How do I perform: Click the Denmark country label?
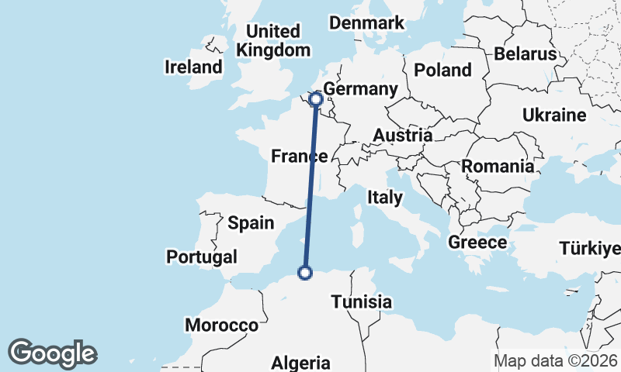tap(366, 22)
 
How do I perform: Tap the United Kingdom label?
tap(272, 40)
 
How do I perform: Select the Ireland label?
tap(193, 67)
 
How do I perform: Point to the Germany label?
tap(359, 89)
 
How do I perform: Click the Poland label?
tap(442, 70)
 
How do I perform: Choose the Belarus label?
tap(526, 53)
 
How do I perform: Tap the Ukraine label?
tap(553, 115)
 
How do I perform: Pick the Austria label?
tap(402, 136)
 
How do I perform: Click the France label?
tap(298, 157)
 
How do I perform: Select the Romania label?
tap(498, 166)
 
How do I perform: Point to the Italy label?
tap(385, 198)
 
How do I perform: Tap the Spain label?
tap(251, 223)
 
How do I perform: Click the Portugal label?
tap(202, 257)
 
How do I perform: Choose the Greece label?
tap(477, 243)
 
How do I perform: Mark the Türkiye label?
tap(590, 249)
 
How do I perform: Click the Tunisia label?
tap(361, 302)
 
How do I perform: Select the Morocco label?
tap(221, 325)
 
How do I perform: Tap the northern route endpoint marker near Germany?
tap(316, 98)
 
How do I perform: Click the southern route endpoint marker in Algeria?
tap(305, 272)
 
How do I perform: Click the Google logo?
tap(52, 353)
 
